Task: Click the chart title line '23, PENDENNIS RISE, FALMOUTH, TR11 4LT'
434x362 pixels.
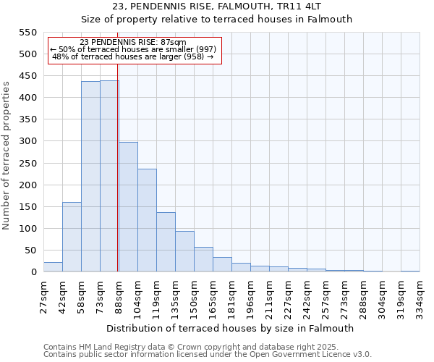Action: coord(216,7)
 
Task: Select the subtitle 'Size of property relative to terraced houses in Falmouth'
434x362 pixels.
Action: coord(216,20)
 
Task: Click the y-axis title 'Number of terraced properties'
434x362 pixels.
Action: coord(7,156)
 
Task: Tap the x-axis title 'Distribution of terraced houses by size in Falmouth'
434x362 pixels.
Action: coord(231,328)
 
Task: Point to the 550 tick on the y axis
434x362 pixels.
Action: coord(27,33)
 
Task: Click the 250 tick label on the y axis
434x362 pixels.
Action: coord(27,185)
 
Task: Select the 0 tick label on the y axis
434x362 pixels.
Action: coord(33,272)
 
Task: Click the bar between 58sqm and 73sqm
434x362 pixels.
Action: coord(90,177)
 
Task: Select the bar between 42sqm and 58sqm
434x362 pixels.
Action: coord(72,237)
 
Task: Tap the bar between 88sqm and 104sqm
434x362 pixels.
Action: coord(128,207)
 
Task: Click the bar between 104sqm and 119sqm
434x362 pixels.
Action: coord(147,220)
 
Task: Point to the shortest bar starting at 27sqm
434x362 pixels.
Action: coord(53,267)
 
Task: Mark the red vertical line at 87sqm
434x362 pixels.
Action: coord(117,167)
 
